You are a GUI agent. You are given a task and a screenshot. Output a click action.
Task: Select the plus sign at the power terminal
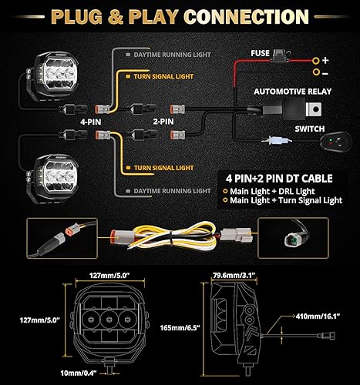[326, 59]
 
